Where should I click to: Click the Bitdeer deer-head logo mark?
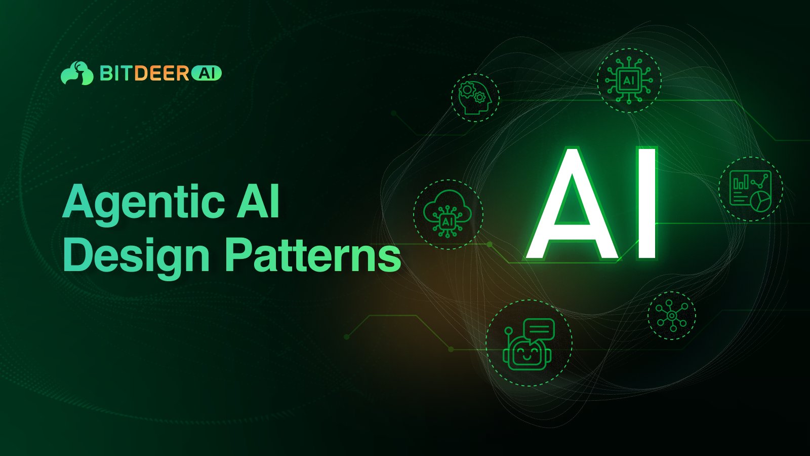click(77, 73)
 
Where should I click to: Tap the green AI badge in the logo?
click(207, 73)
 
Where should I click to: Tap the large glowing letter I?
click(646, 203)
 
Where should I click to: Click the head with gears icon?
click(475, 97)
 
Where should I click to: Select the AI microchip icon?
click(629, 80)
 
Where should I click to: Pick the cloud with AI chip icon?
click(448, 214)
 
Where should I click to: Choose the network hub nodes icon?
click(671, 315)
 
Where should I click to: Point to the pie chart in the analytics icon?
click(761, 201)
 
